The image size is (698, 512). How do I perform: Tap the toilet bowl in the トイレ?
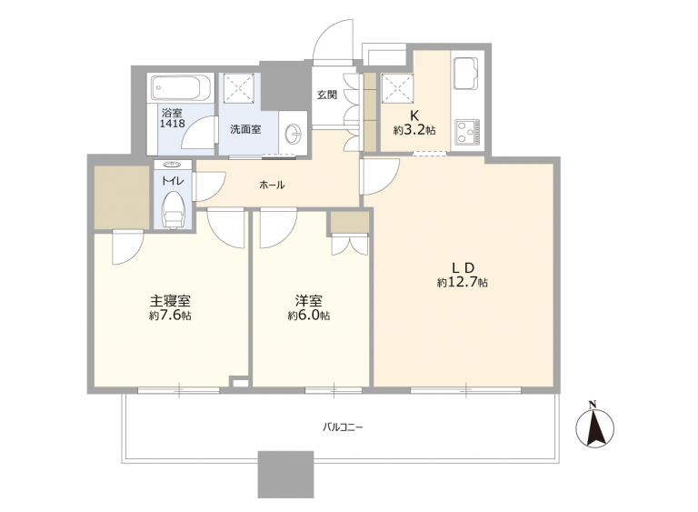[x=174, y=211]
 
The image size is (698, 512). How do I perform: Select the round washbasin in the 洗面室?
[x=294, y=133]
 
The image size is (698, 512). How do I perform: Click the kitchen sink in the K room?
[x=465, y=73]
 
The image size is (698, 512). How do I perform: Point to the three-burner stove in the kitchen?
[x=467, y=133]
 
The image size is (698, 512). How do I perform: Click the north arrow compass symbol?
[x=594, y=425]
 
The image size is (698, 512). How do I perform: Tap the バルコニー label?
[x=343, y=427]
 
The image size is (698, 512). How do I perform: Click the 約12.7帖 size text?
[x=462, y=282]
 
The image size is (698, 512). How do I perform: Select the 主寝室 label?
[x=170, y=301]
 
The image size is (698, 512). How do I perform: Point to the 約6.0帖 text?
[x=308, y=316]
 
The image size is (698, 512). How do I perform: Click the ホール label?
[x=272, y=185]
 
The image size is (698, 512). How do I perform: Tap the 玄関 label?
[x=327, y=95]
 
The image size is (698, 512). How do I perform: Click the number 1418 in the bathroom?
[x=173, y=124]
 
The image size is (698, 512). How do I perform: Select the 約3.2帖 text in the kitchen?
[x=414, y=130]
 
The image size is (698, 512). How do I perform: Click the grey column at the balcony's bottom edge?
[x=285, y=475]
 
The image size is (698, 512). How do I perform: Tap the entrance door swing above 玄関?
[x=334, y=41]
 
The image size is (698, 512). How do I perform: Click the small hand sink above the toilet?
[x=174, y=165]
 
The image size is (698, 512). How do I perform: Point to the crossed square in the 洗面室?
[x=240, y=88]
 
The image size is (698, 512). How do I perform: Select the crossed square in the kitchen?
[x=397, y=88]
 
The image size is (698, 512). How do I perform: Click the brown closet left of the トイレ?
[x=122, y=197]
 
